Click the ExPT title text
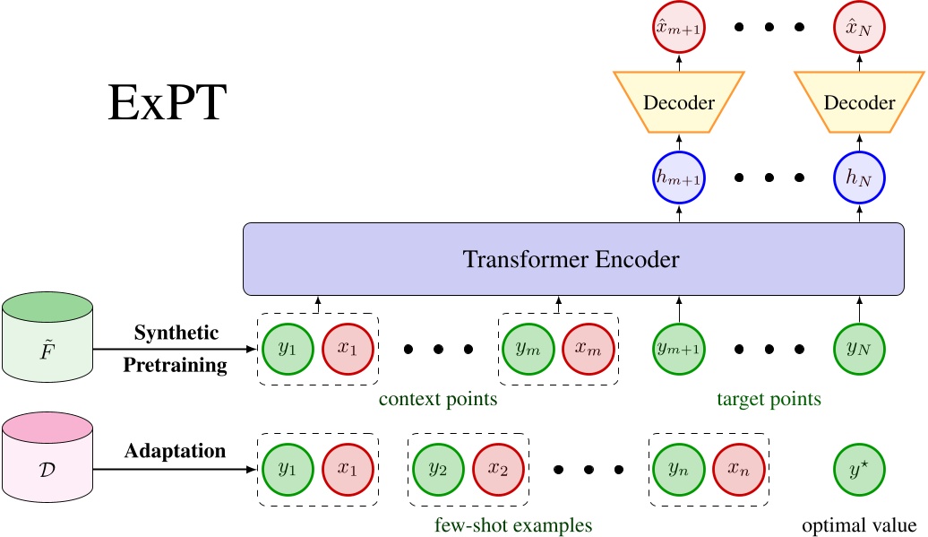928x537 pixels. click(x=168, y=105)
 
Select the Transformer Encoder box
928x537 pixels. click(x=571, y=259)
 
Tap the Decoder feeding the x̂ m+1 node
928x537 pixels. click(x=679, y=102)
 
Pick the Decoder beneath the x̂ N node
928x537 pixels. click(x=858, y=102)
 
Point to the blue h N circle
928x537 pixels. click(x=858, y=177)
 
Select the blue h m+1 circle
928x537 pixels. click(x=679, y=177)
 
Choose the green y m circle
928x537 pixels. click(x=528, y=349)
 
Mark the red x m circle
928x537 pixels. click(x=588, y=349)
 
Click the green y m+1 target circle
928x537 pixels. click(x=679, y=349)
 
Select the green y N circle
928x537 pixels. click(x=858, y=349)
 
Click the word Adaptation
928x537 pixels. click(x=176, y=451)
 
